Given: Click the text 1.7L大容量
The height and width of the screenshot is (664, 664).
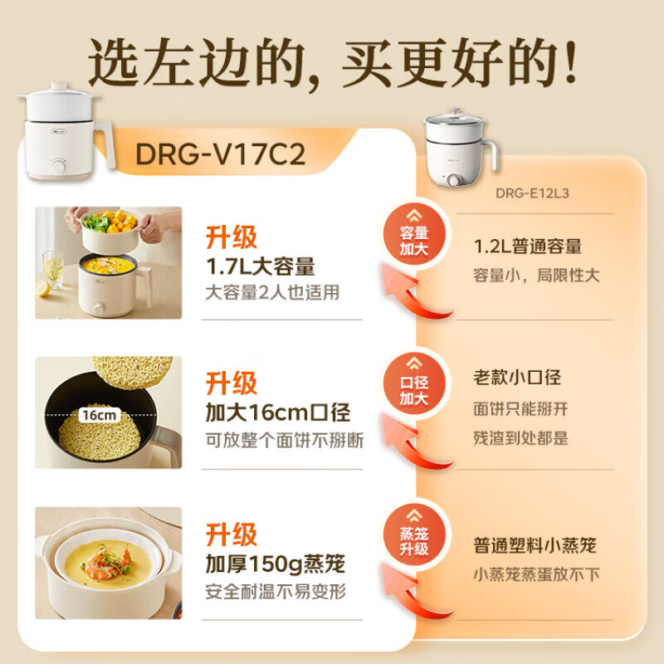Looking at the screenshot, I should coord(261,267).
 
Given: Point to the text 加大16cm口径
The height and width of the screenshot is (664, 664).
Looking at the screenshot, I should coord(278,413).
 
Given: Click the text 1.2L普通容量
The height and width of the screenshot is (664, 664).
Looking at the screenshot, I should coord(528,247).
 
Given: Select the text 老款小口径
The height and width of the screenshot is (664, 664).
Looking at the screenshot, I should coord(517,378).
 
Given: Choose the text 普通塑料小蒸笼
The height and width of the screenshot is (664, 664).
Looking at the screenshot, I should coord(535,545).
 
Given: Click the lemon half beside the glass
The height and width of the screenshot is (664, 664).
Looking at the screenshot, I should coord(43,288).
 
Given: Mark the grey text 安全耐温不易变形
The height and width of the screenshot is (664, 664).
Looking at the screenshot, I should coord(276,592).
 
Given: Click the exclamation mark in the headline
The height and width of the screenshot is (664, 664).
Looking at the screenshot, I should coord(567,62).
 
